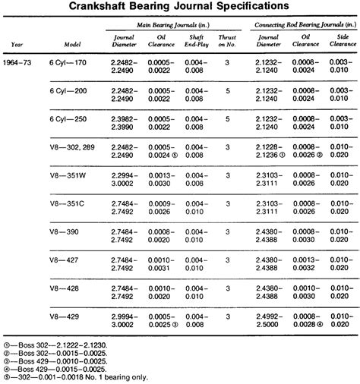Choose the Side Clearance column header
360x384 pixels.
pyautogui.click(x=340, y=39)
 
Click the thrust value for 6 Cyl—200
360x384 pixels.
pyautogui.click(x=228, y=90)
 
